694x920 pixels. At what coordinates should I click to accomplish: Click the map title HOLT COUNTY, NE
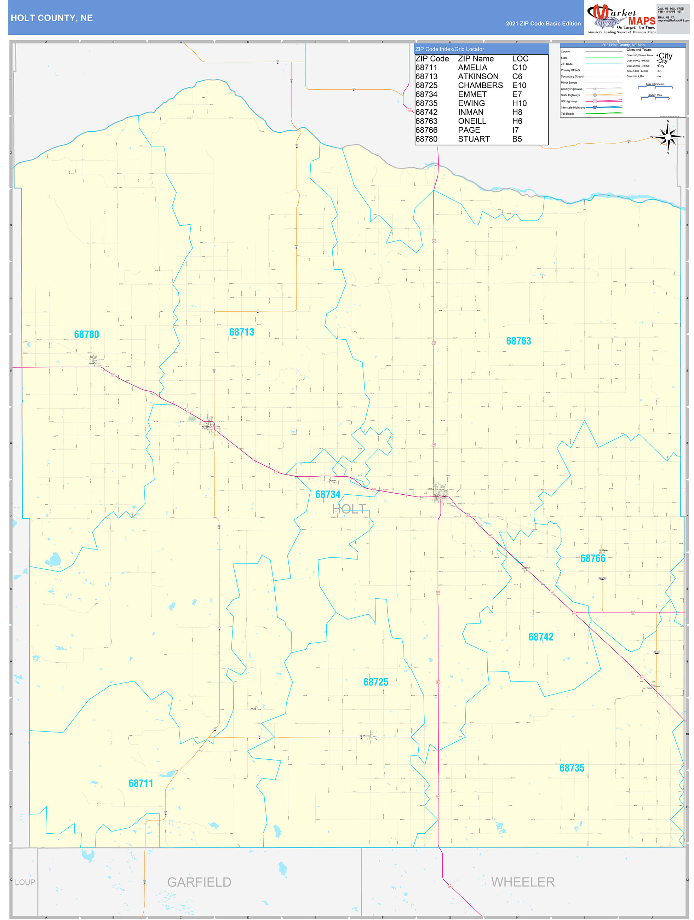pos(52,18)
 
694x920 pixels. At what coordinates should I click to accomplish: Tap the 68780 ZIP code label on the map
pos(87,334)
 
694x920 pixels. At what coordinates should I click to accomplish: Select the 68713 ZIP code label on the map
pos(242,332)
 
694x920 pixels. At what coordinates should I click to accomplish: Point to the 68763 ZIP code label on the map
pos(518,341)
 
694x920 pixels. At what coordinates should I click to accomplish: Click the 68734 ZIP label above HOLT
pos(328,495)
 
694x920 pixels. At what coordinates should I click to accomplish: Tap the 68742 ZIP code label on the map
pos(541,637)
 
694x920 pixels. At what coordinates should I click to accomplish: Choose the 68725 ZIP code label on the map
pos(376,682)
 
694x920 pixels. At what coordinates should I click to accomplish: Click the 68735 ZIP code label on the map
pos(572,768)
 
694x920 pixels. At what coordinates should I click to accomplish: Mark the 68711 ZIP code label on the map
pos(140,783)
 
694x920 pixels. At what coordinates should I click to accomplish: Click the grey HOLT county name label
pos(349,509)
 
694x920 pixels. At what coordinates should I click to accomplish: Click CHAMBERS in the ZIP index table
pos(480,86)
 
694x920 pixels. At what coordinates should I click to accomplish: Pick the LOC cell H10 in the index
pos(519,104)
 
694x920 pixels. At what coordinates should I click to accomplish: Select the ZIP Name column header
pos(476,59)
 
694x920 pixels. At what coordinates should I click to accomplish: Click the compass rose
pos(668,137)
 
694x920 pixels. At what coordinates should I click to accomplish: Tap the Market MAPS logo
pos(621,18)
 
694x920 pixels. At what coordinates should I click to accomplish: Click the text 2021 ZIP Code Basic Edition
pos(543,24)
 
